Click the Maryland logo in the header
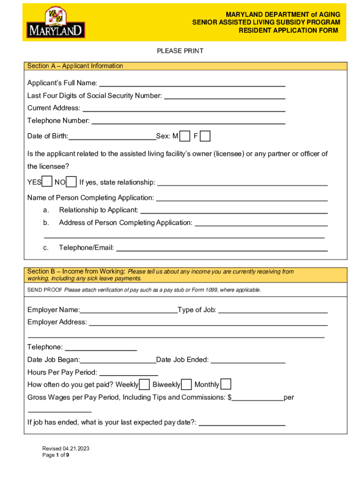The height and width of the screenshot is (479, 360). tap(56, 22)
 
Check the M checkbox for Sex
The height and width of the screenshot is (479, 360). tap(185, 136)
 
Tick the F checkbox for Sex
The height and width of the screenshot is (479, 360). tap(205, 136)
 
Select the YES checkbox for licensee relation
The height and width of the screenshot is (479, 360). tap(47, 182)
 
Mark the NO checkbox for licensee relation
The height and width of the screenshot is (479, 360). tap(71, 182)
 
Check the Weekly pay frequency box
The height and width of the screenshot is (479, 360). tap(144, 385)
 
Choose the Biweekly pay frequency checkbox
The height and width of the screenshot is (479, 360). tap(186, 385)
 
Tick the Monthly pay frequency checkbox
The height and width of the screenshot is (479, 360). tap(225, 385)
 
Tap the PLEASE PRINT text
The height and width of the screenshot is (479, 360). tap(180, 51)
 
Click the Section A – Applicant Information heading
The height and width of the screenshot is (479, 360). tap(75, 66)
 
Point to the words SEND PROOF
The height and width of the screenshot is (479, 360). tap(44, 290)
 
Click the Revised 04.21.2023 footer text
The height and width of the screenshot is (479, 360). tap(66, 449)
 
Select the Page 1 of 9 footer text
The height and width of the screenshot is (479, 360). tap(56, 455)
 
